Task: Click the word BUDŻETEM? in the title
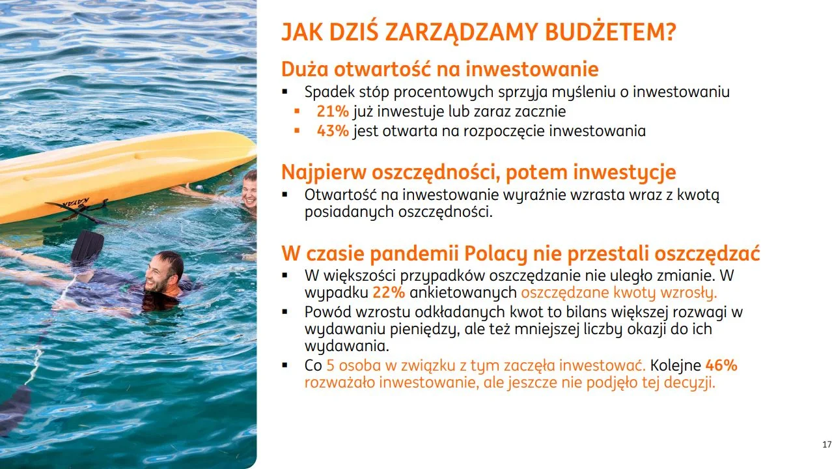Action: click(610, 33)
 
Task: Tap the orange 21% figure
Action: click(333, 111)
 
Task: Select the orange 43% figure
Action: click(333, 131)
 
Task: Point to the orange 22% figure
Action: click(389, 292)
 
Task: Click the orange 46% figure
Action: click(721, 365)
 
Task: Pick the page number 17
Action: click(827, 444)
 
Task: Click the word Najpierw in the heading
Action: click(324, 173)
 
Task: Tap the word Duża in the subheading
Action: click(305, 69)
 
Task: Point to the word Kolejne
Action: click(675, 365)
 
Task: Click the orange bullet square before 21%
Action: click(297, 111)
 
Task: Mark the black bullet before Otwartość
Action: click(285, 194)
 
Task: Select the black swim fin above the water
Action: click(87, 246)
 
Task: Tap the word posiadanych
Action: click(349, 212)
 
